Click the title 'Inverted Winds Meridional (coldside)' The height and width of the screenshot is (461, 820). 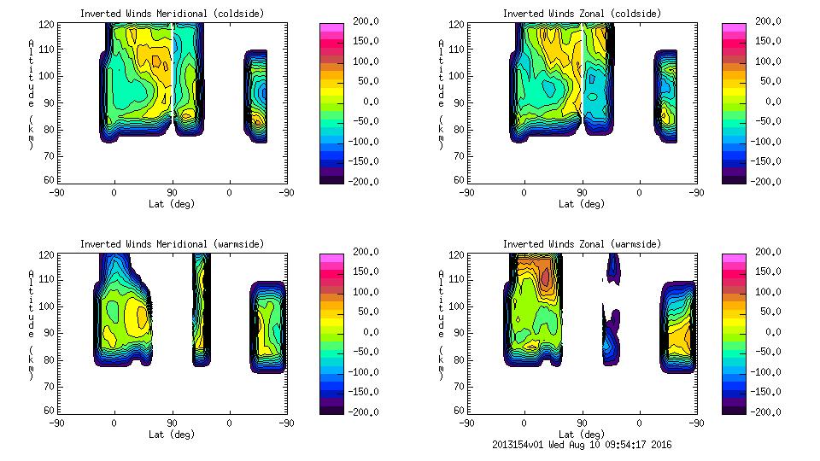click(x=172, y=14)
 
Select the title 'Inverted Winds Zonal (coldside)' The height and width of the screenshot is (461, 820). click(x=582, y=14)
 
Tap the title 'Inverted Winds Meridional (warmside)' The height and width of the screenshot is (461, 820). click(x=172, y=244)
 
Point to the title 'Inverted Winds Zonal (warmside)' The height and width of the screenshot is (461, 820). click(x=582, y=244)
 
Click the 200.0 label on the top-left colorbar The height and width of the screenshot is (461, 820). click(x=366, y=21)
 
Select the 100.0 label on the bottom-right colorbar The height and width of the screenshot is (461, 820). click(x=769, y=292)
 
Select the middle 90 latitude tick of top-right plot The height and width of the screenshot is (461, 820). click(x=582, y=193)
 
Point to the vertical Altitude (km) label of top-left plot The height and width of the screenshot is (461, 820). click(x=32, y=94)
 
